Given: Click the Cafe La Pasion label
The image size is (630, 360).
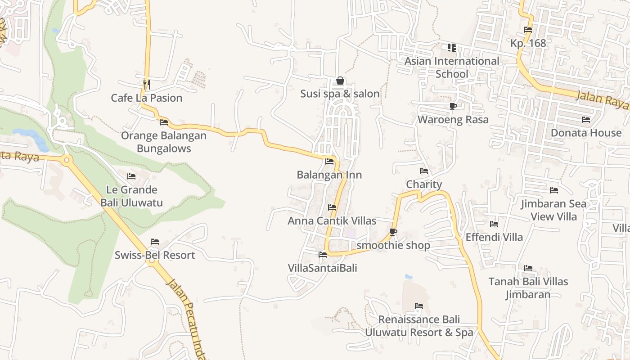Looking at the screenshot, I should click(x=147, y=98).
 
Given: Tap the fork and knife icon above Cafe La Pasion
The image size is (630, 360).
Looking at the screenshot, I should click(x=146, y=84).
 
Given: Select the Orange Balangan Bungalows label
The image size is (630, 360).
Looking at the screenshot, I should click(x=164, y=142).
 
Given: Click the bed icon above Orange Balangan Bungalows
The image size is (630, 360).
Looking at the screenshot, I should click(x=164, y=122).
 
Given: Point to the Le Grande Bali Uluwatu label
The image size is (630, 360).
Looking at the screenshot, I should click(x=131, y=196).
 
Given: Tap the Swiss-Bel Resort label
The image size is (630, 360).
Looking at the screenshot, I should click(x=155, y=255).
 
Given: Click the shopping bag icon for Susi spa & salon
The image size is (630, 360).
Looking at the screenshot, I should click(x=340, y=81).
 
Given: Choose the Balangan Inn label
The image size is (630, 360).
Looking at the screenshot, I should click(x=329, y=175).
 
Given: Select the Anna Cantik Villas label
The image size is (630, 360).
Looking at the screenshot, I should click(x=332, y=221).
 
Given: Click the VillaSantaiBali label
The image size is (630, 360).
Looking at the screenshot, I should click(x=323, y=268).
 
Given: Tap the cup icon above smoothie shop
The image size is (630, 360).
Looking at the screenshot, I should click(x=393, y=232).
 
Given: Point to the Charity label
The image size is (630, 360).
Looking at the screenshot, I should click(x=424, y=184).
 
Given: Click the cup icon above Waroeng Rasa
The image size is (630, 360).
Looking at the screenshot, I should click(x=453, y=107).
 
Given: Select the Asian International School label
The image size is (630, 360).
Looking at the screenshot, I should click(x=452, y=67).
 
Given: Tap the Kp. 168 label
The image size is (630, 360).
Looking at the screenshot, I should click(x=528, y=43).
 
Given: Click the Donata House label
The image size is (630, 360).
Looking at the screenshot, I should click(x=586, y=133).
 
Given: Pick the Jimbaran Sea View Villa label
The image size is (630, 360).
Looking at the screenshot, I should click(x=553, y=210).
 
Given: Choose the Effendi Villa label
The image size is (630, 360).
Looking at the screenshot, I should click(x=494, y=237).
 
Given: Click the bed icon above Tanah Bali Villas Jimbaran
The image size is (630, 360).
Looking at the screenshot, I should click(x=528, y=268).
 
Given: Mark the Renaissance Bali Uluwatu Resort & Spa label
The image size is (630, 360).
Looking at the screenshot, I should click(x=419, y=326).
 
